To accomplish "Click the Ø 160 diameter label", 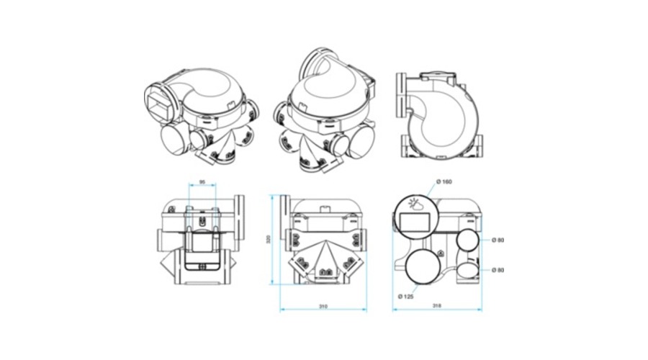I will click(x=444, y=181).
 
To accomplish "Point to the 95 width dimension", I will click(x=204, y=182).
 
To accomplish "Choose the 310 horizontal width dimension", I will click(x=323, y=307).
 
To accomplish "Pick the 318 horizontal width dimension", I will click(x=437, y=307).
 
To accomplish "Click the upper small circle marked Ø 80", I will click(x=468, y=240).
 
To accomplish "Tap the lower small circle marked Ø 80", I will click(x=468, y=269).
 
